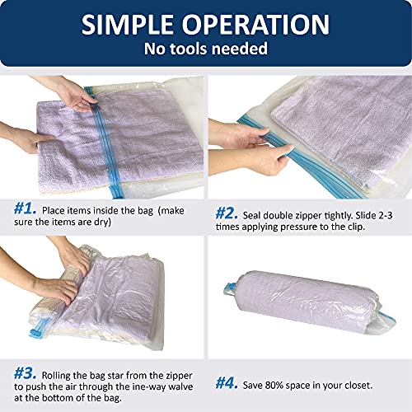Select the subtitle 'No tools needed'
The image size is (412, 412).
206,49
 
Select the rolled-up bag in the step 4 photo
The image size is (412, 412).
305,288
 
